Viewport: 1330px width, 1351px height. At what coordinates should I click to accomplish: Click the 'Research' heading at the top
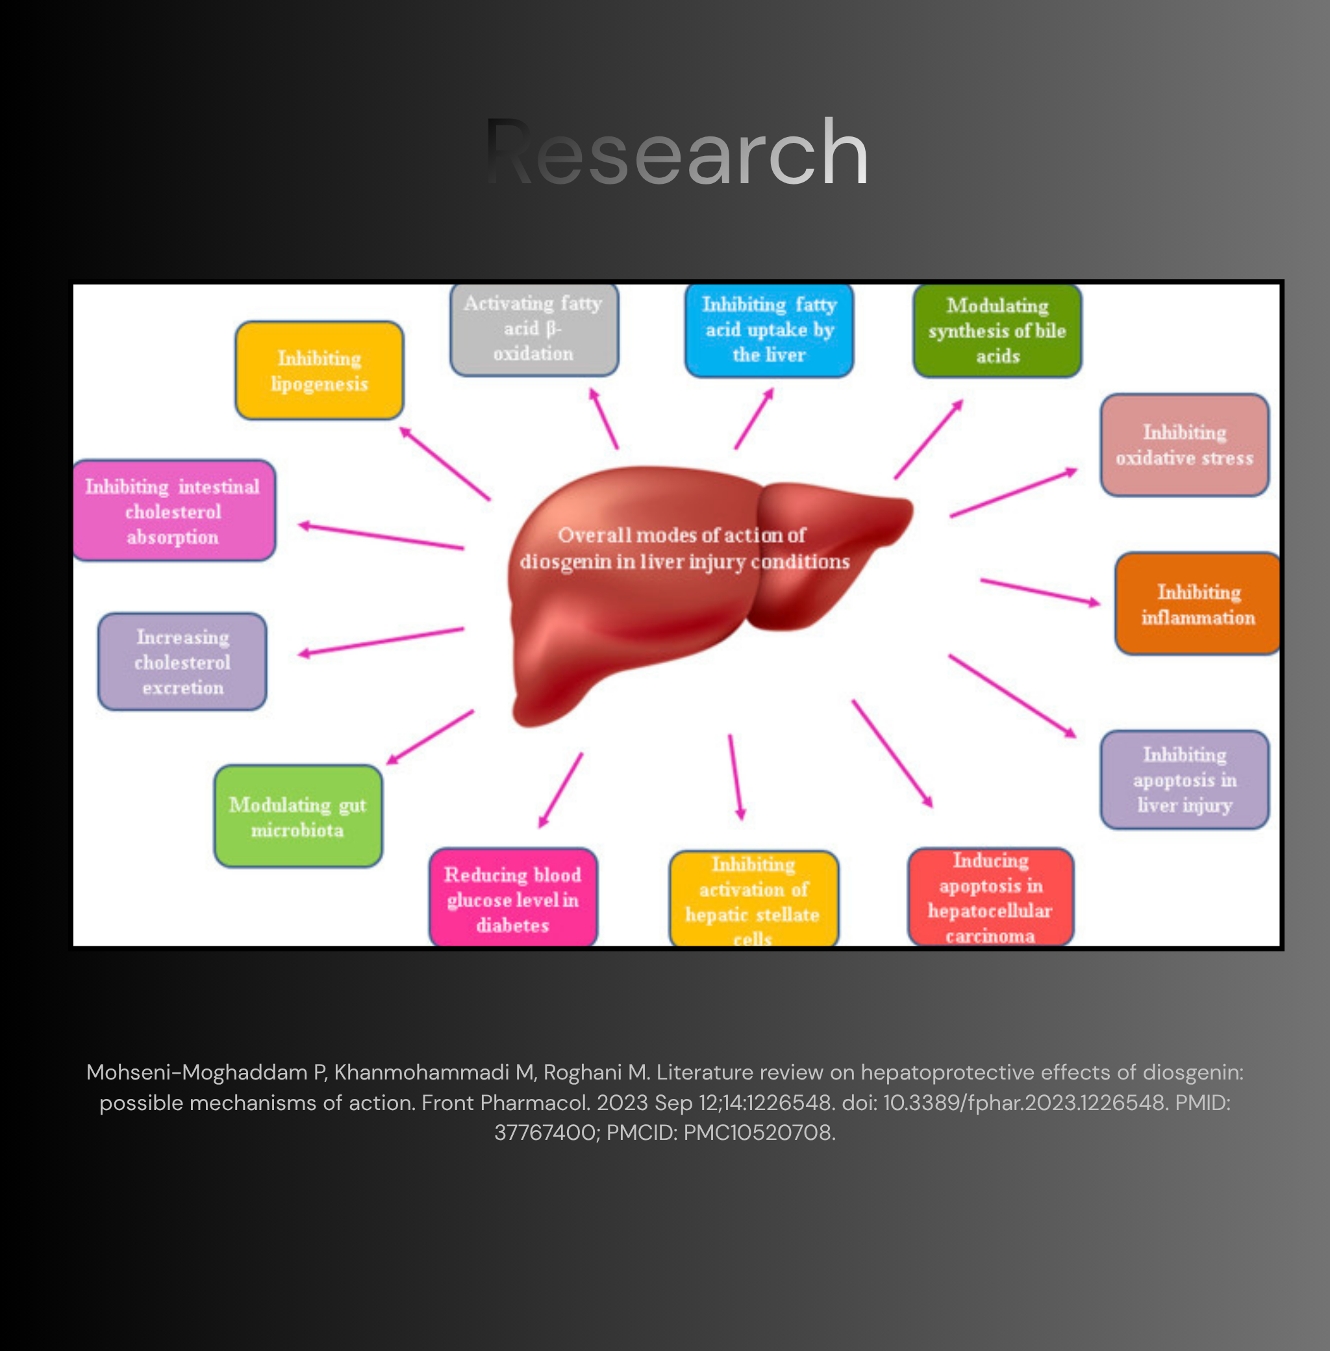676,152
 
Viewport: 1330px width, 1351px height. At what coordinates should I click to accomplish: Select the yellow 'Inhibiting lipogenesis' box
320,370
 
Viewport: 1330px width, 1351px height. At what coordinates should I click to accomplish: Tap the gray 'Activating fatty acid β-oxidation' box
534,329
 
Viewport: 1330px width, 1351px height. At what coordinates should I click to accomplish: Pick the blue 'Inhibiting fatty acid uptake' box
768,330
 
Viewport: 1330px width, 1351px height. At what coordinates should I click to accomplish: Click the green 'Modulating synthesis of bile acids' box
997,331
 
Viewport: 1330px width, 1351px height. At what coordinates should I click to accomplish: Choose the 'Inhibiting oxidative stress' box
1184,445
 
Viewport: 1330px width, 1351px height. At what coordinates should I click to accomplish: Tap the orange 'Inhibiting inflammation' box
1198,603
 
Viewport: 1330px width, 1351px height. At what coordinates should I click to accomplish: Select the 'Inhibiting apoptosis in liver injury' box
1184,779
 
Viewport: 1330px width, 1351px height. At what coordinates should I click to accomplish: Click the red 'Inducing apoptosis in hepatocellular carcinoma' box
990,897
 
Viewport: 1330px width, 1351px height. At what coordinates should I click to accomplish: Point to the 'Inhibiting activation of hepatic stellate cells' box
754,898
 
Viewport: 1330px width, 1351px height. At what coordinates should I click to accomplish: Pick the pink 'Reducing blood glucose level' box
513,898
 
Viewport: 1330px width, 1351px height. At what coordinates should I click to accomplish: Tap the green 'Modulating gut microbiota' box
297,816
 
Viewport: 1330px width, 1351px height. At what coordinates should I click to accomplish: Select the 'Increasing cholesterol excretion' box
182,661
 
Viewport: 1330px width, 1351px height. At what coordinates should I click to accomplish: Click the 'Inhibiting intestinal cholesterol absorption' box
173,511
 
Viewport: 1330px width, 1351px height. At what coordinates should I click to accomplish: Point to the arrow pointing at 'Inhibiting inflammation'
1040,592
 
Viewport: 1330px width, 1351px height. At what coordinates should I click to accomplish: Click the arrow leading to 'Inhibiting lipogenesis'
444,463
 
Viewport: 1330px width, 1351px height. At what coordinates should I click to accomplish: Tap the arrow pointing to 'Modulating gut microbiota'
430,737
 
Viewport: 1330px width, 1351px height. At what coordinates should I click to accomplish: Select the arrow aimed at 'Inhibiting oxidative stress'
1014,492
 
